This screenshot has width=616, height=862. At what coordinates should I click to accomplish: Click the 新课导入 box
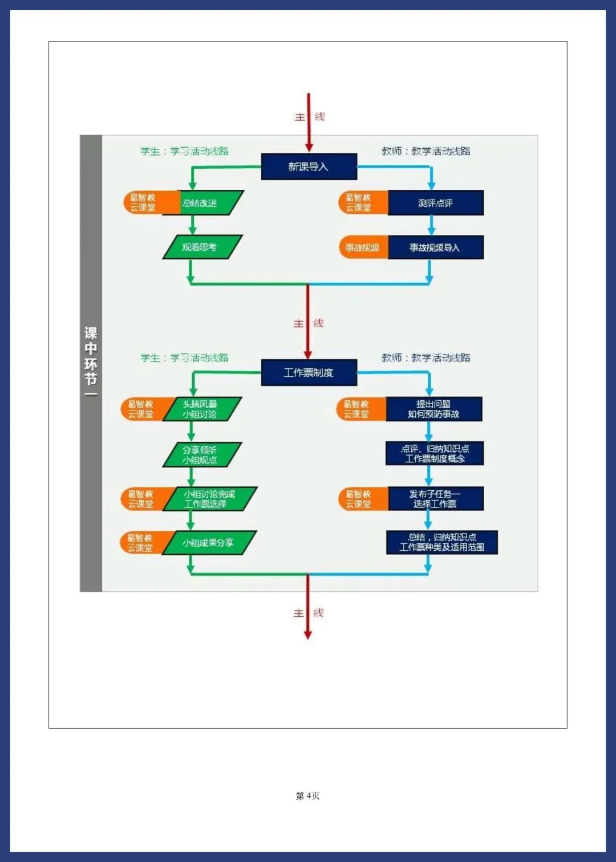tap(309, 166)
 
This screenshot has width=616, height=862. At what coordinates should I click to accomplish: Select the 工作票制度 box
tap(309, 372)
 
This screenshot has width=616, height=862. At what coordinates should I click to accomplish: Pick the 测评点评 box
tap(435, 203)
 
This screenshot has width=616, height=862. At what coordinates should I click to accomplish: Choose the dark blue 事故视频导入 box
tap(435, 247)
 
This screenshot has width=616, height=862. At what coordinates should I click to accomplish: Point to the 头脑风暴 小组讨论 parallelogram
tap(202, 409)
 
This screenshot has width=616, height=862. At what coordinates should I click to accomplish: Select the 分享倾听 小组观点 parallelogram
tap(202, 454)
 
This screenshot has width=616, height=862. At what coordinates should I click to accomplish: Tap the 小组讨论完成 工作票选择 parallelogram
tap(209, 499)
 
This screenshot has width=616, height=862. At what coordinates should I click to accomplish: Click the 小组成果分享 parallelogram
tap(209, 543)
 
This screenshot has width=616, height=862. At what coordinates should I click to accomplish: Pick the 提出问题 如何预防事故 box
tap(433, 409)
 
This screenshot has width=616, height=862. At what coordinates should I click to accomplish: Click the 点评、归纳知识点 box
tap(435, 454)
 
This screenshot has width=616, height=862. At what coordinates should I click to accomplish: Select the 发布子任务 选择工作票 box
tap(435, 499)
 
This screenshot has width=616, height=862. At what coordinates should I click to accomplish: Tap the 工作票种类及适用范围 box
tap(441, 542)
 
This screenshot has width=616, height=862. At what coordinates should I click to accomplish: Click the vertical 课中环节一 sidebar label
tap(91, 363)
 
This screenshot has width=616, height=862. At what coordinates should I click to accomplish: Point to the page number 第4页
tap(308, 796)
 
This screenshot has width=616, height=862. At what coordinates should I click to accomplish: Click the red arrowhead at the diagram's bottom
tap(308, 635)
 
